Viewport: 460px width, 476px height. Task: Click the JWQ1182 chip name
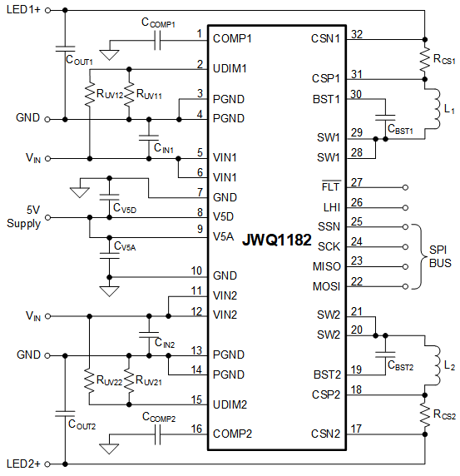tap(277, 240)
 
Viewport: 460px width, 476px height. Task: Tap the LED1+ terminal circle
tap(47, 10)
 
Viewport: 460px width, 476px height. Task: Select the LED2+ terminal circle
tap(47, 464)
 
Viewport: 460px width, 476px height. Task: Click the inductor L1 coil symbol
tap(436, 109)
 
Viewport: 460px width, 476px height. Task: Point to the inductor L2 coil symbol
tap(436, 365)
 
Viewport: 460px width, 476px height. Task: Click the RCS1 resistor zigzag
tap(425, 60)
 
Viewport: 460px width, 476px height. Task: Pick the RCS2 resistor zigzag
tap(425, 414)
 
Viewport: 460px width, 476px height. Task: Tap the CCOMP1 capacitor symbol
tap(157, 41)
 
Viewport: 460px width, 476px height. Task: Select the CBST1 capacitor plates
tap(385, 118)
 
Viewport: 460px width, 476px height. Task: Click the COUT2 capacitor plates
tap(65, 414)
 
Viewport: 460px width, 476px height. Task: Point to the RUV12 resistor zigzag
tap(90, 93)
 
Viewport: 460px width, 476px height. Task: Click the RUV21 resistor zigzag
tap(129, 381)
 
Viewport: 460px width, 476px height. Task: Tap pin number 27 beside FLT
tap(357, 182)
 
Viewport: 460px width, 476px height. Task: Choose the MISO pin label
tap(326, 266)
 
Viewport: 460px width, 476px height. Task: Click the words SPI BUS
tap(440, 256)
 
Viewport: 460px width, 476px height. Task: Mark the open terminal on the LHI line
tap(405, 208)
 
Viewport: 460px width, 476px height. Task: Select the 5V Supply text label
tap(23, 216)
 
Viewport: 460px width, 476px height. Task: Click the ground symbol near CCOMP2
tap(109, 449)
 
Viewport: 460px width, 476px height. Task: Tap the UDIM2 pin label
tap(230, 404)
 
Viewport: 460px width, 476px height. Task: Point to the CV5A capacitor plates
tap(110, 255)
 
